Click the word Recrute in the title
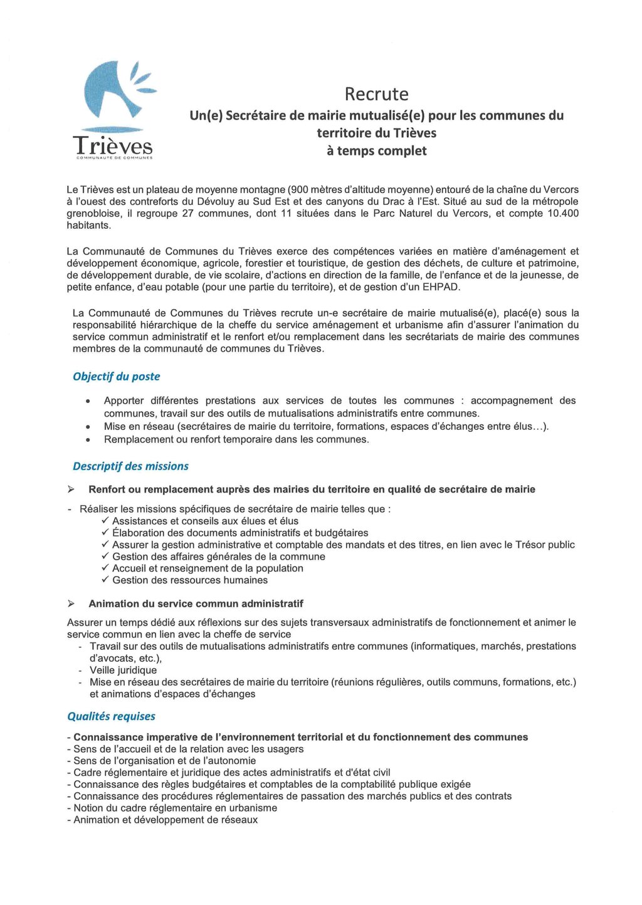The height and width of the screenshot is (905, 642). point(376,94)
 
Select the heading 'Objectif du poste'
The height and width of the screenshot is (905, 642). point(116,377)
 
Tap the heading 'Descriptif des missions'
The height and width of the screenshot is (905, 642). point(130,466)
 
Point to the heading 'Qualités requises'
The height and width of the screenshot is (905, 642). point(111,716)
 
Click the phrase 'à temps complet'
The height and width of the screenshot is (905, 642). point(376,151)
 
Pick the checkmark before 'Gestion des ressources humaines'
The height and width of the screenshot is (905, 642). point(105,580)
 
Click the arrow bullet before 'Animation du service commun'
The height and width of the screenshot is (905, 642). point(71,604)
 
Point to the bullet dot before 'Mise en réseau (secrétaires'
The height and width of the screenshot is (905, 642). point(89,427)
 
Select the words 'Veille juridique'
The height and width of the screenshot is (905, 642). point(123,670)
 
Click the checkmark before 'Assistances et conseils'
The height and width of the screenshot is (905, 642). point(105,520)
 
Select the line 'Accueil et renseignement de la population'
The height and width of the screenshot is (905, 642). point(208,568)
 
